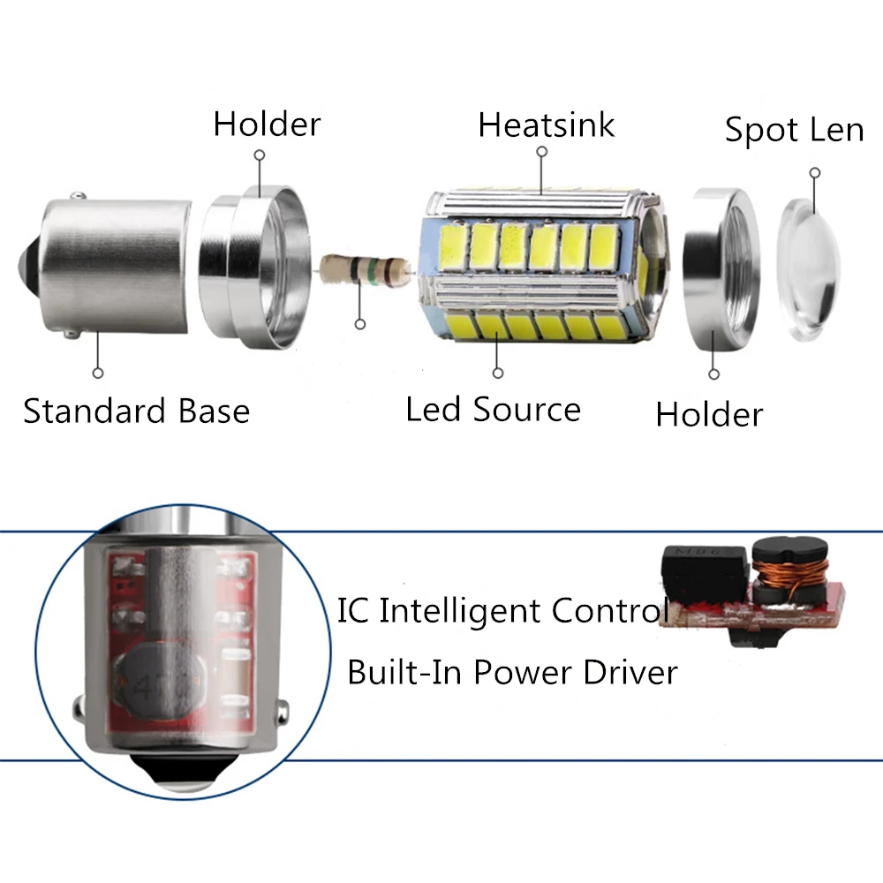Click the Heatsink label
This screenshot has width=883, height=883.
tap(546, 125)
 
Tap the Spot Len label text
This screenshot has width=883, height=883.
tap(794, 131)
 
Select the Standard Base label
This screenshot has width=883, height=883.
tap(136, 411)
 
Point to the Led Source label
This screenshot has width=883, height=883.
tap(493, 410)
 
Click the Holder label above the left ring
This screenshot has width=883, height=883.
tap(267, 125)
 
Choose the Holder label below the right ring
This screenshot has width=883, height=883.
tap(709, 414)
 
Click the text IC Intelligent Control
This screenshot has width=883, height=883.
tap(503, 611)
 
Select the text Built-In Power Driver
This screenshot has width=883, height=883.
tap(512, 672)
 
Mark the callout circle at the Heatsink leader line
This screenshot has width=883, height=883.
tap(541, 151)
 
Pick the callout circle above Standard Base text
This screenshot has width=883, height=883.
tap(98, 374)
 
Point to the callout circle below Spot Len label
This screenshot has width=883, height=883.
tap(815, 173)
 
